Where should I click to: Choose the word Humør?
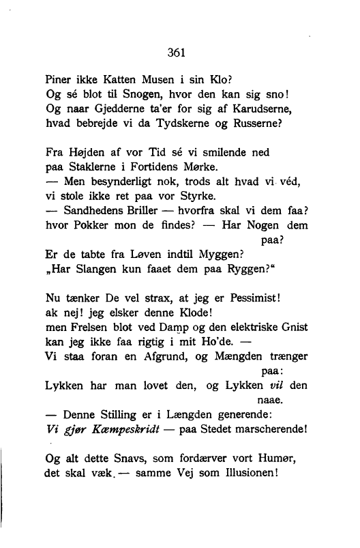(274, 460)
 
